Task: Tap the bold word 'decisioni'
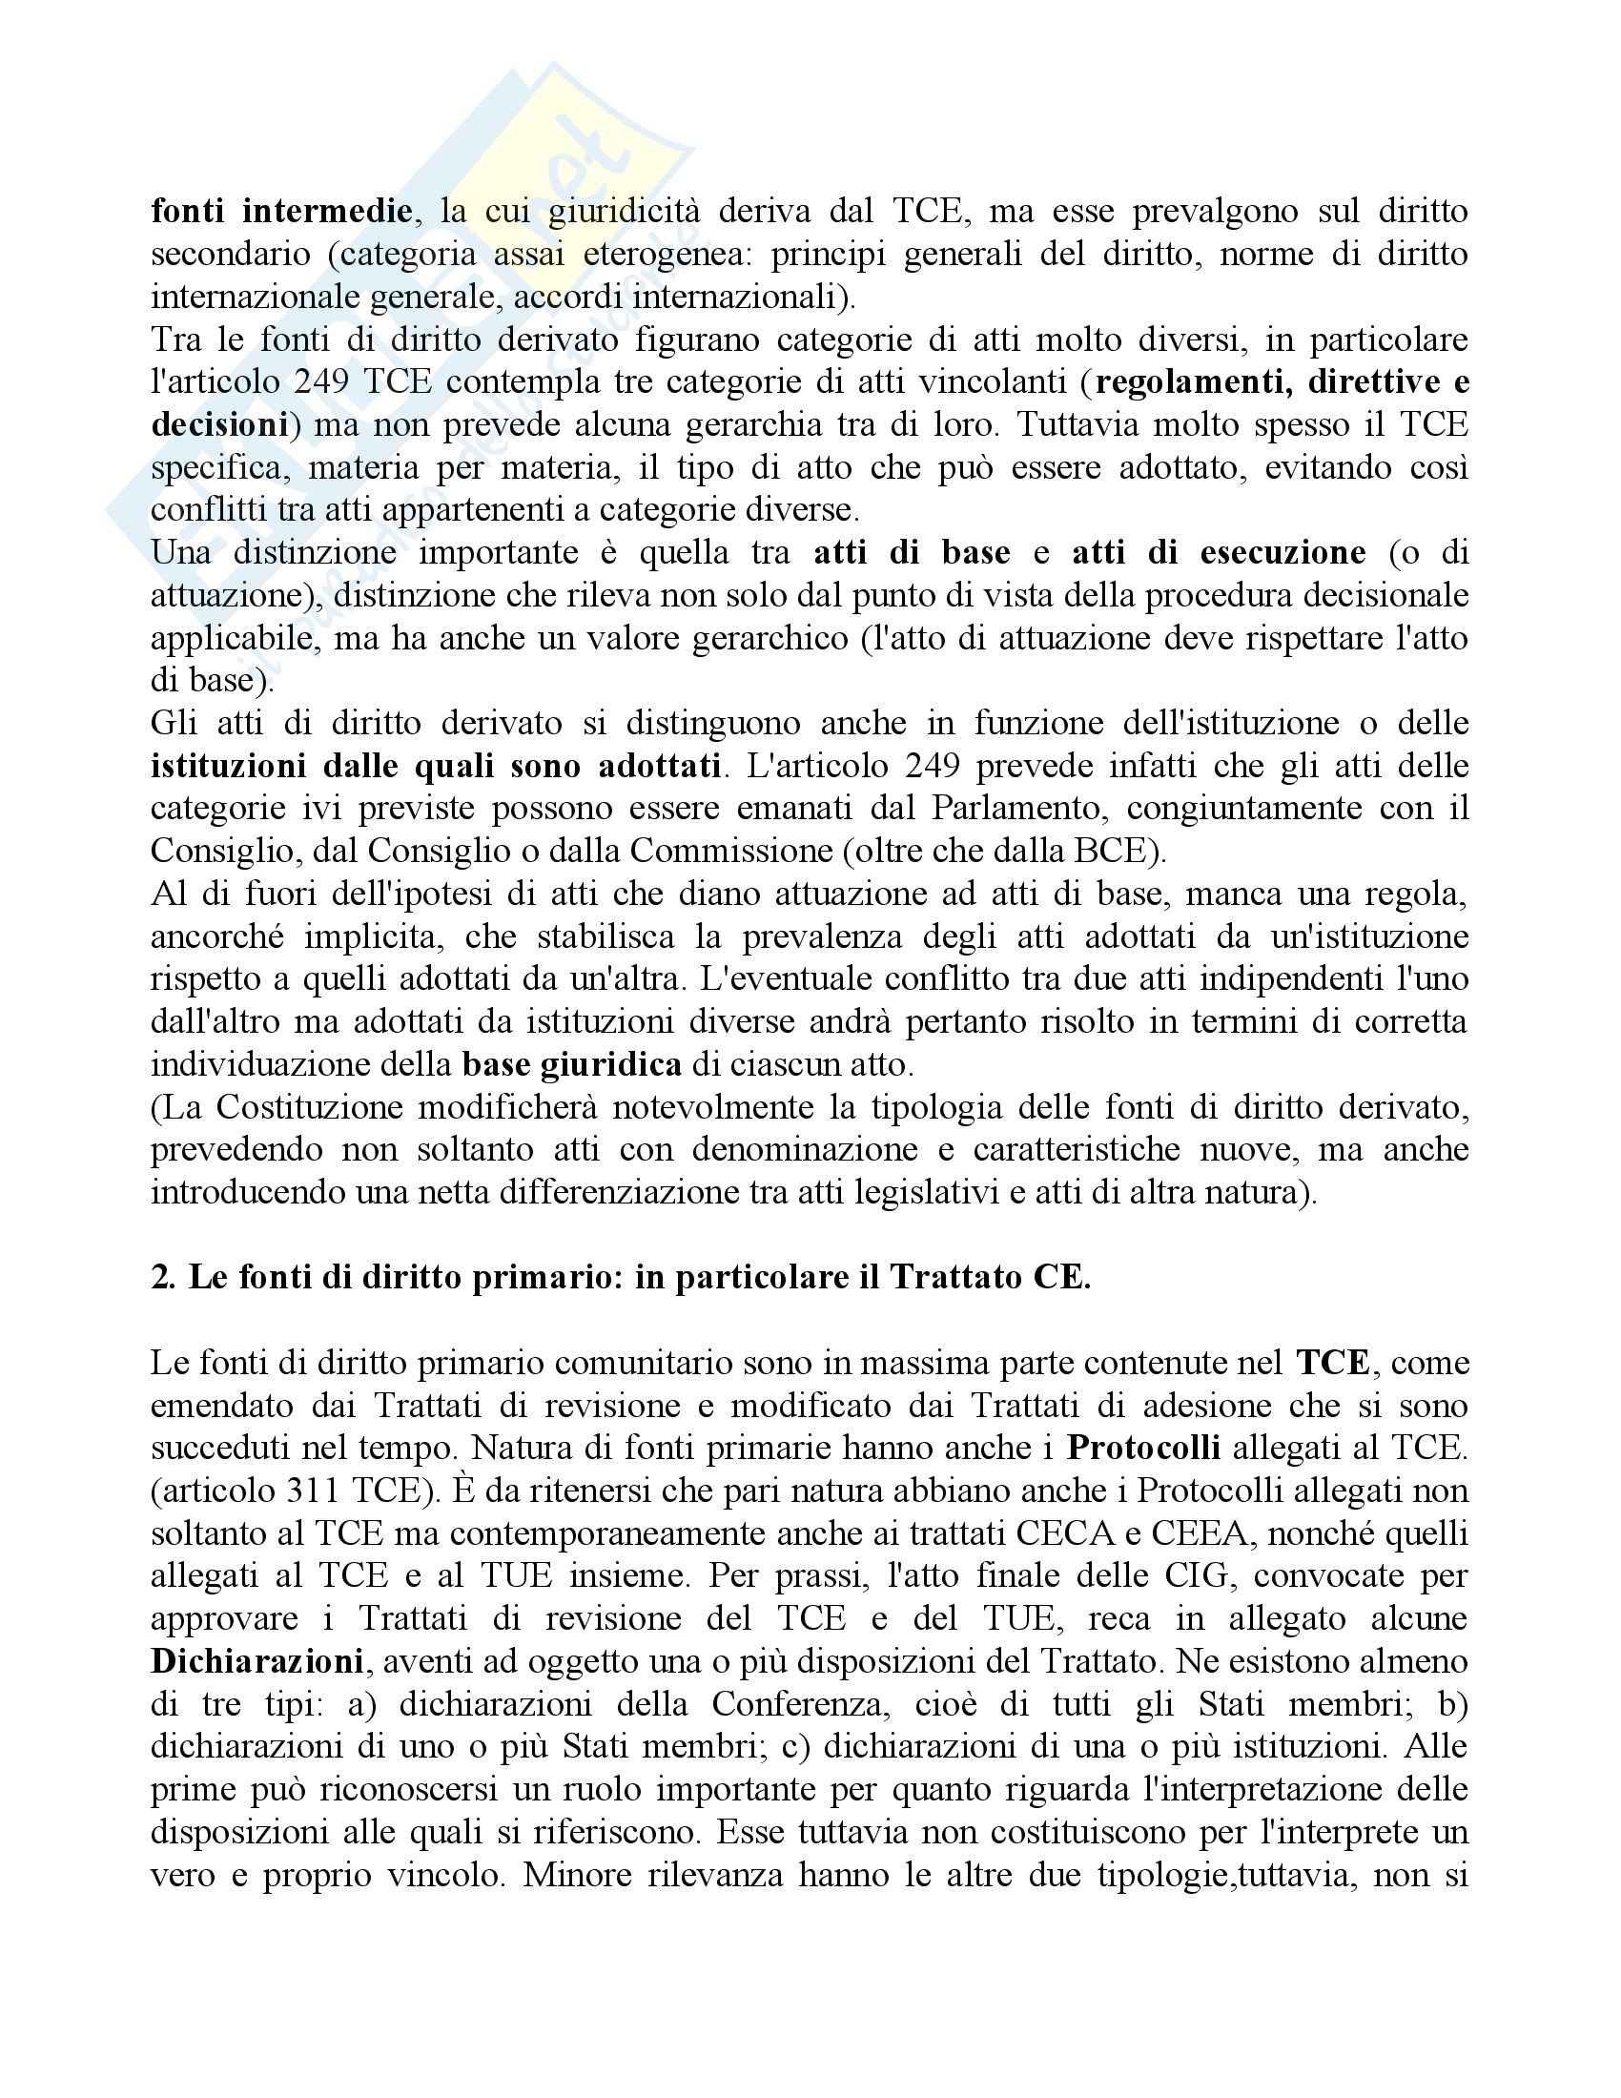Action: (220, 424)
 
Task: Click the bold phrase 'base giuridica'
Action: (571, 1064)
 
